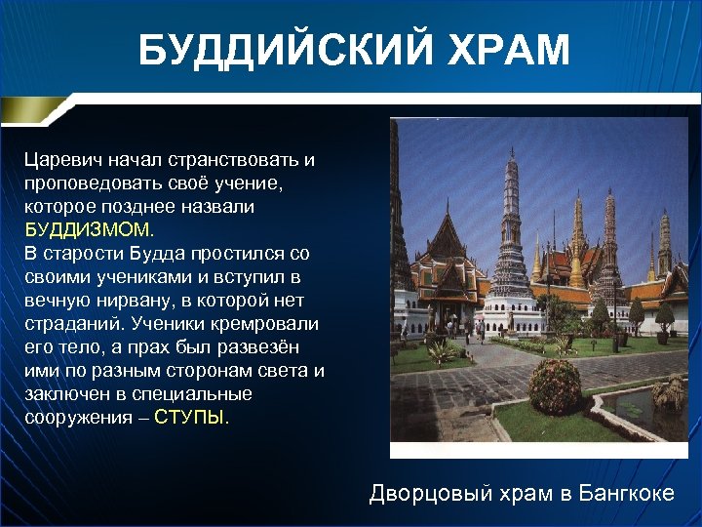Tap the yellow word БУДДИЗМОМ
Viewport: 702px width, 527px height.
click(x=89, y=230)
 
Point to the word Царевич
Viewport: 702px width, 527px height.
click(x=64, y=159)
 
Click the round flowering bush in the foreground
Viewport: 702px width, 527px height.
click(x=555, y=386)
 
